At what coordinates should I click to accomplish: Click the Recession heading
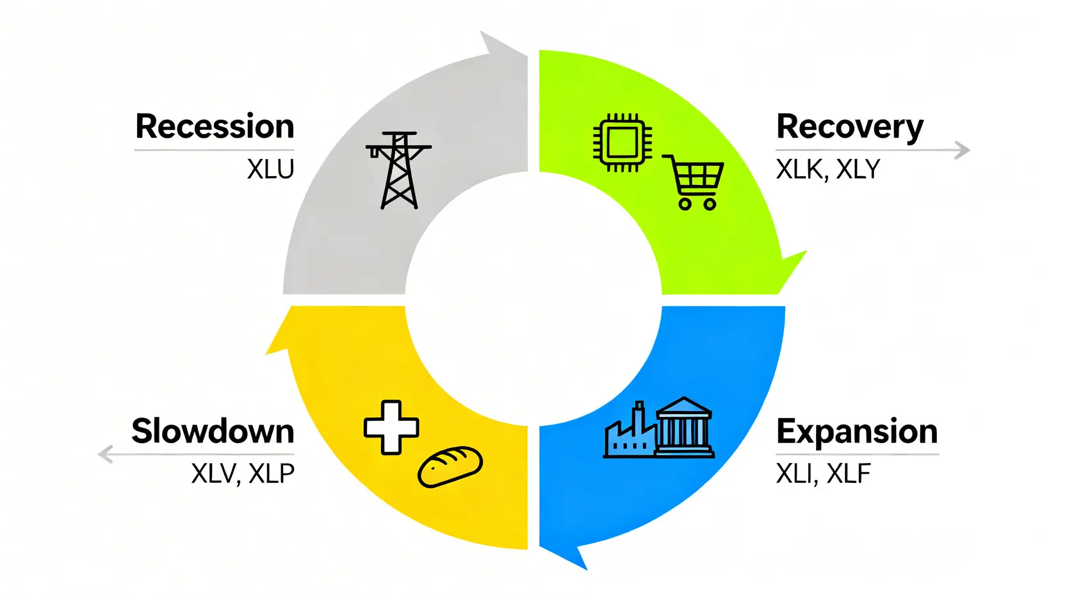pyautogui.click(x=215, y=127)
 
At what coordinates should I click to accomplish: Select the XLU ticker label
pyautogui.click(x=270, y=170)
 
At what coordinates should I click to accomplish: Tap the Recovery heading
pyautogui.click(x=850, y=127)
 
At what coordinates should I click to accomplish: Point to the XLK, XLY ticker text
pyautogui.click(x=828, y=170)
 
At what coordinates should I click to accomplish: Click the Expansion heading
pyautogui.click(x=857, y=432)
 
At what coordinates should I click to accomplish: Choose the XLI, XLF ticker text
pyautogui.click(x=823, y=474)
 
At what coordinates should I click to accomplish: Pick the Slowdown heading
pyautogui.click(x=213, y=432)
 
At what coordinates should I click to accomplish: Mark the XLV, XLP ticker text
pyautogui.click(x=243, y=474)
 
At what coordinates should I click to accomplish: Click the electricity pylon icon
pyautogui.click(x=399, y=170)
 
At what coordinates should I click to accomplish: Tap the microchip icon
pyautogui.click(x=622, y=143)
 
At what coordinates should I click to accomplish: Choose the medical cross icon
pyautogui.click(x=391, y=428)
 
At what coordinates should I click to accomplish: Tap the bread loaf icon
pyautogui.click(x=450, y=467)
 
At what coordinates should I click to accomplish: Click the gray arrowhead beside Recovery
pyautogui.click(x=962, y=150)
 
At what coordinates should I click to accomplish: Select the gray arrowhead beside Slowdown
pyautogui.click(x=105, y=454)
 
